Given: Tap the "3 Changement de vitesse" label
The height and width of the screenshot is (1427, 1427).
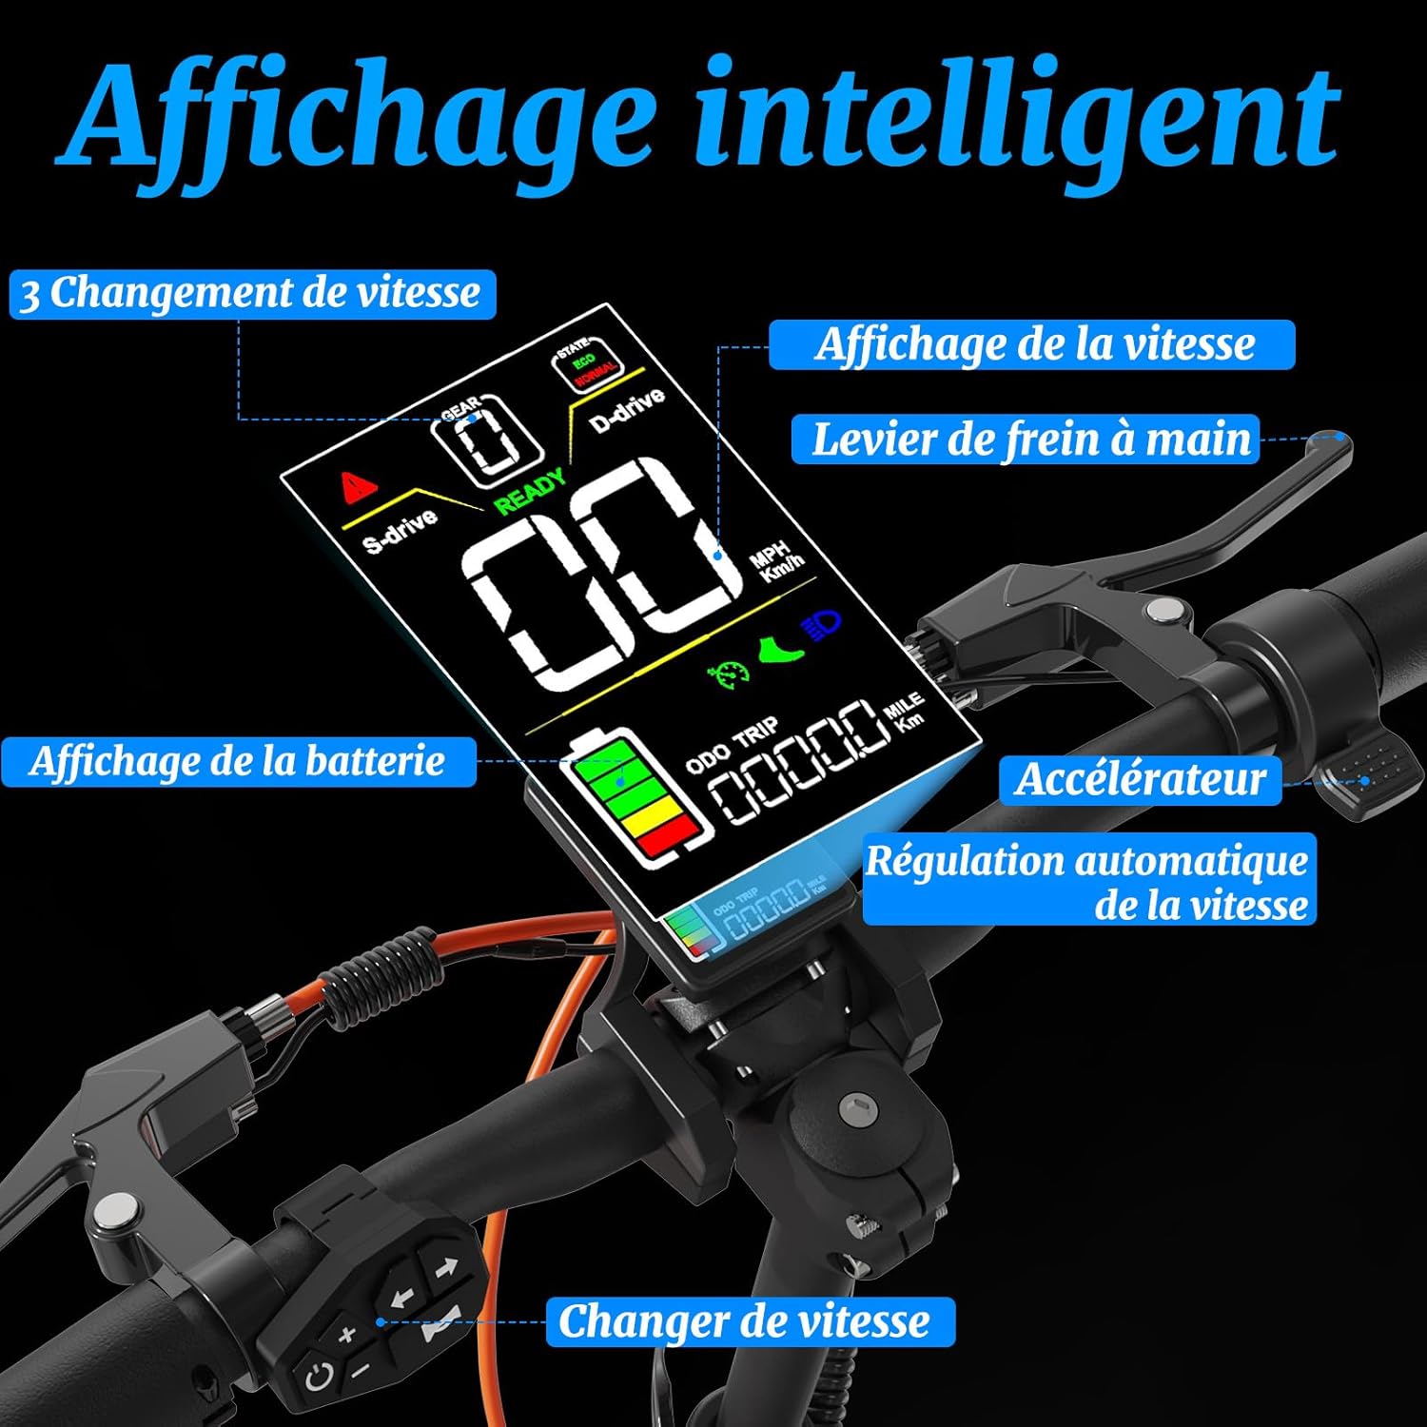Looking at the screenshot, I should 252,293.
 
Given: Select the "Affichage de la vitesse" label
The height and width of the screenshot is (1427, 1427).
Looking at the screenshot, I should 1033,344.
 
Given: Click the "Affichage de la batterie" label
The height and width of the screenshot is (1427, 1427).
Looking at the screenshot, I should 238,762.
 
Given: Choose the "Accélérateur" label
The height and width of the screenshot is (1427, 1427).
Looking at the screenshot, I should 1140,780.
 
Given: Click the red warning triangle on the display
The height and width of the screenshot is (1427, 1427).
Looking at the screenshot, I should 358,487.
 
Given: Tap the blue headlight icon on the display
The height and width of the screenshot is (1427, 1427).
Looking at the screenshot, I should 822,625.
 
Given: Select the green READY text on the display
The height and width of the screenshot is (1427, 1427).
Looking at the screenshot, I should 529,491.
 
